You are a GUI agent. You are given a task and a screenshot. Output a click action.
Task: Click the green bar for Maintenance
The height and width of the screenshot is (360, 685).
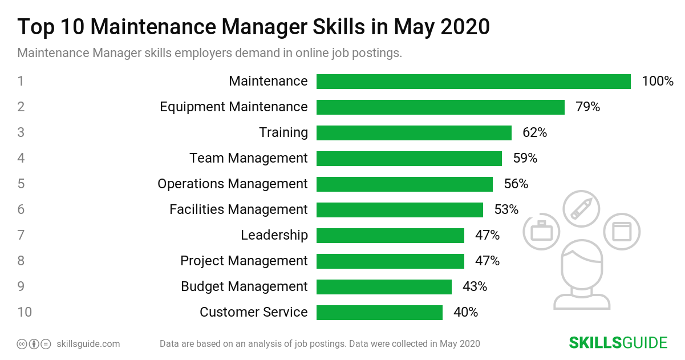pyautogui.click(x=473, y=82)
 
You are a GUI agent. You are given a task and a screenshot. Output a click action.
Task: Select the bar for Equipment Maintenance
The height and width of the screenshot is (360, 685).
pyautogui.click(x=440, y=107)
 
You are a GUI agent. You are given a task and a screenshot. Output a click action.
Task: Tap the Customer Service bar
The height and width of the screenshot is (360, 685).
pyautogui.click(x=379, y=313)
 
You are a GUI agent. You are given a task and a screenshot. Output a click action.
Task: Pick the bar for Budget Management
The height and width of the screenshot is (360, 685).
pyautogui.click(x=384, y=286)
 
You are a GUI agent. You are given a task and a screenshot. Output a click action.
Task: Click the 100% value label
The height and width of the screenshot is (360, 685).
pyautogui.click(x=658, y=82)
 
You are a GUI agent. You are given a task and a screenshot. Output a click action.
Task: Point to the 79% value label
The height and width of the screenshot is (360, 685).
pyautogui.click(x=587, y=107)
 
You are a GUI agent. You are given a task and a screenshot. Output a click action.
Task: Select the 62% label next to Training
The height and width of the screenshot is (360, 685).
pyautogui.click(x=534, y=133)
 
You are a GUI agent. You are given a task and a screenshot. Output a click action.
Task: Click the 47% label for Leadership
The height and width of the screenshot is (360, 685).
pyautogui.click(x=487, y=235)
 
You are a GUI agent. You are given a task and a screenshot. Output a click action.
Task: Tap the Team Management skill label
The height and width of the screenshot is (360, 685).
pyautogui.click(x=249, y=158)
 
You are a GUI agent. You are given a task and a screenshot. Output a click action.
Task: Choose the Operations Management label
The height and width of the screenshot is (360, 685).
pyautogui.click(x=233, y=184)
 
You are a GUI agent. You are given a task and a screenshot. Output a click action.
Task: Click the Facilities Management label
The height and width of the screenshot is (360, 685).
pyautogui.click(x=238, y=209)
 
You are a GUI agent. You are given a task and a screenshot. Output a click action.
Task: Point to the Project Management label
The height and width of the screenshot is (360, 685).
pyautogui.click(x=244, y=261)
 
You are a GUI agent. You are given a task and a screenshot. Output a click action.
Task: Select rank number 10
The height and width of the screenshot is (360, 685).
pyautogui.click(x=25, y=312)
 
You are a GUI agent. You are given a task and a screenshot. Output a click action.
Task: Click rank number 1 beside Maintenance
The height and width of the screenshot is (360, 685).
pyautogui.click(x=21, y=81)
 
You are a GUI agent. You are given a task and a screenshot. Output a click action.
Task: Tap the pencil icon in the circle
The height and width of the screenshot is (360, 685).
pyautogui.click(x=581, y=209)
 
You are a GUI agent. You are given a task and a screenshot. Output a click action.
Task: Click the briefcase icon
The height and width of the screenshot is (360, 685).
pyautogui.click(x=541, y=232)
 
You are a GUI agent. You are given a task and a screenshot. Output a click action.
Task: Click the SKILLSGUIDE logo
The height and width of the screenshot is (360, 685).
pyautogui.click(x=618, y=343)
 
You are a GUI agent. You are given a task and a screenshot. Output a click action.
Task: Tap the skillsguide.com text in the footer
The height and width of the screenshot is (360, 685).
pyautogui.click(x=88, y=344)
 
